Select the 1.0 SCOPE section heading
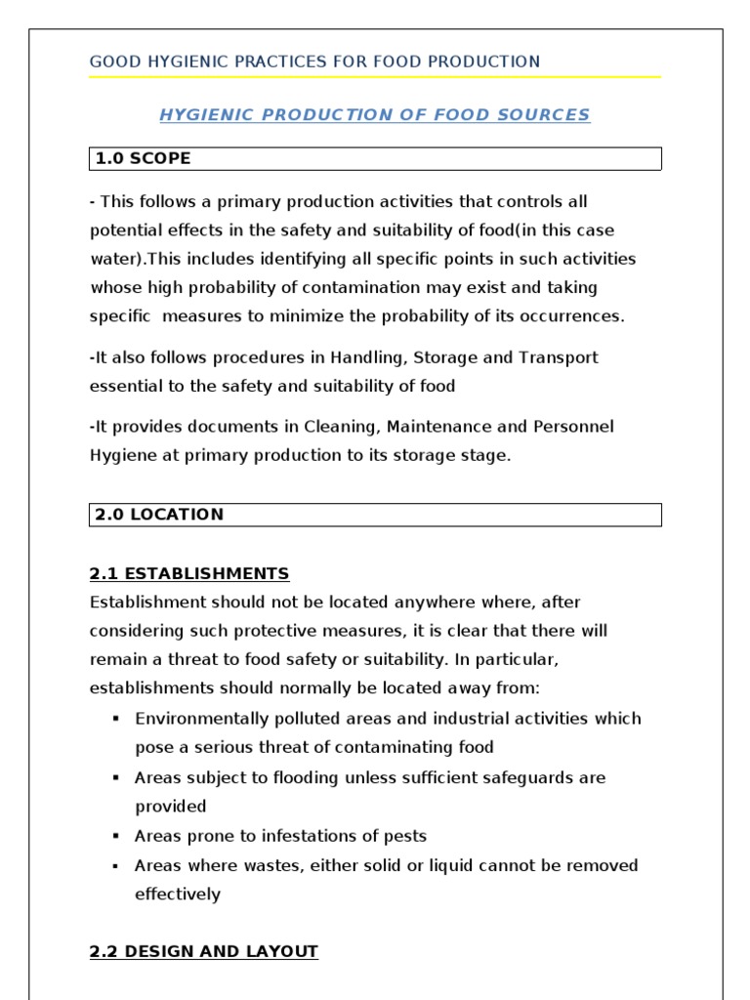143,158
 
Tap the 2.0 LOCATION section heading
159,515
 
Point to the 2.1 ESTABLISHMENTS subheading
189,573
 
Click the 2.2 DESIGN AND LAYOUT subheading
204,951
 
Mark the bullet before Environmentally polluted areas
115,719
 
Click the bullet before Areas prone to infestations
115,836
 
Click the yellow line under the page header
375,77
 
